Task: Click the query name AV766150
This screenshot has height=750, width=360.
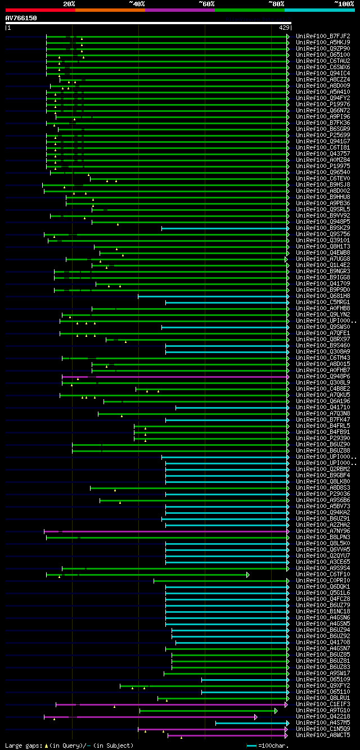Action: click(x=21, y=18)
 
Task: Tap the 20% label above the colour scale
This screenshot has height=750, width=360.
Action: click(x=69, y=3)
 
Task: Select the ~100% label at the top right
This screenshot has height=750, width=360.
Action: click(x=344, y=3)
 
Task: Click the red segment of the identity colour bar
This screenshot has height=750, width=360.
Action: click(x=40, y=10)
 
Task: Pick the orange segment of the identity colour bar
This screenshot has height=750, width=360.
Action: click(x=110, y=10)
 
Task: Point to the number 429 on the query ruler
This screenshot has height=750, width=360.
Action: click(x=283, y=27)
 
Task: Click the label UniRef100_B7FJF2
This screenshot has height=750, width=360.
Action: click(x=323, y=37)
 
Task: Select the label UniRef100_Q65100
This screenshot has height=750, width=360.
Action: click(x=323, y=55)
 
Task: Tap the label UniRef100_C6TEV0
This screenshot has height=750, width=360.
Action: click(x=323, y=179)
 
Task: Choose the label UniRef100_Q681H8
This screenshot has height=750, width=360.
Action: click(x=323, y=296)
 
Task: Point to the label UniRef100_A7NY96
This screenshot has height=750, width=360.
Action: click(x=323, y=531)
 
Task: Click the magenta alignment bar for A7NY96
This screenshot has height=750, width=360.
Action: click(x=169, y=531)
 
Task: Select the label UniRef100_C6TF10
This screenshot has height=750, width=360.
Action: click(x=323, y=575)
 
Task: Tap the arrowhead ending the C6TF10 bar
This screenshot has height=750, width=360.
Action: click(x=247, y=575)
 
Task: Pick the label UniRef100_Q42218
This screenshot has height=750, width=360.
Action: click(x=323, y=717)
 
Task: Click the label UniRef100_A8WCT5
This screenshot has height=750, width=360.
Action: click(x=323, y=735)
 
